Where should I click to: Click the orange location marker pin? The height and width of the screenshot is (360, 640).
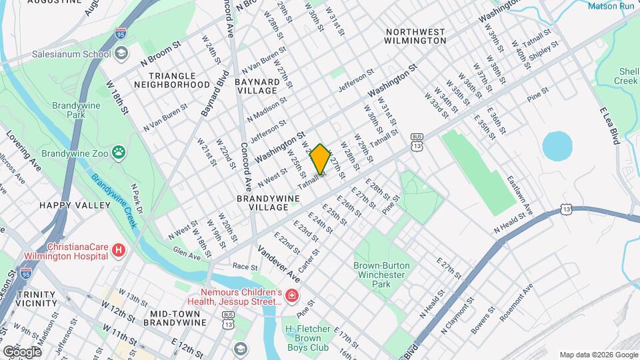tap(321, 159)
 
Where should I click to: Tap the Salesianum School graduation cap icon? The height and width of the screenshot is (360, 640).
tap(121, 53)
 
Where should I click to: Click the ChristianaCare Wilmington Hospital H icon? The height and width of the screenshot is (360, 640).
tap(119, 251)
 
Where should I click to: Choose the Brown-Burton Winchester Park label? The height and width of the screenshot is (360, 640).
tap(381, 275)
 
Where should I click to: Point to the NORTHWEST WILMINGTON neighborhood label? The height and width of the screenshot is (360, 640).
tap(415, 36)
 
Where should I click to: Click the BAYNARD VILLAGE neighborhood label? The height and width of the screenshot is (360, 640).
tap(256, 85)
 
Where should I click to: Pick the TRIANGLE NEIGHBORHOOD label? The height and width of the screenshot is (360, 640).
tap(172, 81)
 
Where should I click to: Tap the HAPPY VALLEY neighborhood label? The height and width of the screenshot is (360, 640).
tap(75, 205)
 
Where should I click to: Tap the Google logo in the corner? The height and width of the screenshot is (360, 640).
tap(22, 351)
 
